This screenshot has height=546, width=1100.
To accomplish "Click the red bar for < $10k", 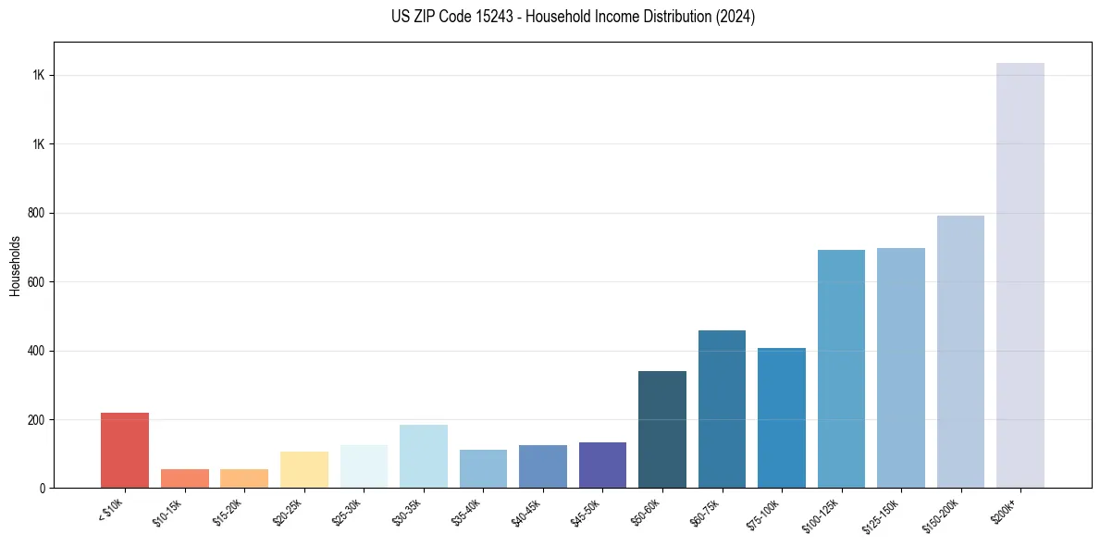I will (x=125, y=450).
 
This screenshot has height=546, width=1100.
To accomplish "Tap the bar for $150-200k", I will (x=960, y=352).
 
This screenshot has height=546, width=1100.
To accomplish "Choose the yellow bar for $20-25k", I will (x=304, y=469).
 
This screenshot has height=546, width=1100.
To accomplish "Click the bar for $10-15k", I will (x=185, y=478).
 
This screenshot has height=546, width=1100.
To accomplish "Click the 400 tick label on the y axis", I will (x=37, y=351).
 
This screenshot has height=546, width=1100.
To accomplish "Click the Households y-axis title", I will (x=15, y=266).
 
